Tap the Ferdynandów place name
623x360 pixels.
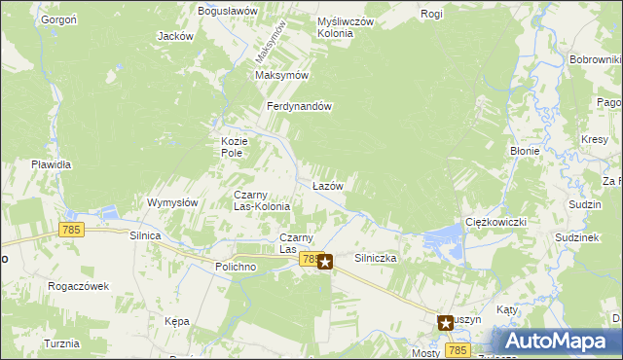[302, 106]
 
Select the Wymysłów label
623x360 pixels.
[172, 202]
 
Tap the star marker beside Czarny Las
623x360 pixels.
[325, 261]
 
